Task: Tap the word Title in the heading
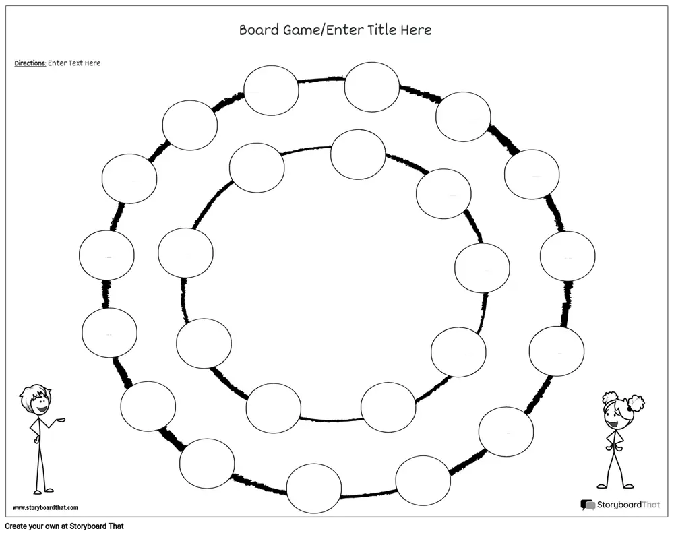[382, 30]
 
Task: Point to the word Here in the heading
[416, 30]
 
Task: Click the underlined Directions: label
[30, 63]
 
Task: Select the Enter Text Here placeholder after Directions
[74, 63]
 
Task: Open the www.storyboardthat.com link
[45, 507]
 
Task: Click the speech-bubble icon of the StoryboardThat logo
[588, 505]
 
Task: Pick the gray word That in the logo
[650, 505]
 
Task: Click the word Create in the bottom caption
[16, 526]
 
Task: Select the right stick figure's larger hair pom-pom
[636, 403]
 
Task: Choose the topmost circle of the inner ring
[358, 155]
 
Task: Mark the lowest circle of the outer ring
[314, 488]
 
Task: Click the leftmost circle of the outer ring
[106, 255]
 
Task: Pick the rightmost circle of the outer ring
[568, 256]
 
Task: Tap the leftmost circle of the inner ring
[185, 253]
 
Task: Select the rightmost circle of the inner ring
[483, 267]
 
